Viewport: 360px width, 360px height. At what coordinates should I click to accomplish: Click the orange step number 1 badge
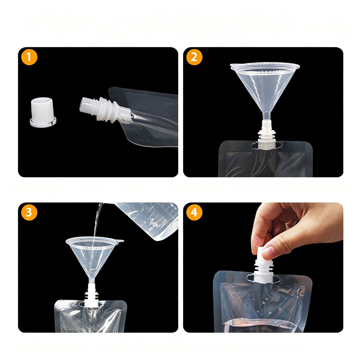point(29,57)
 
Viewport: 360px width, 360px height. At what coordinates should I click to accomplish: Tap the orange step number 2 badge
point(194,57)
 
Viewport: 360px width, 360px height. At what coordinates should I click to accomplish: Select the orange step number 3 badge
point(29,212)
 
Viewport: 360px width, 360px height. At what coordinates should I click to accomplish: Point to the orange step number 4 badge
point(194,212)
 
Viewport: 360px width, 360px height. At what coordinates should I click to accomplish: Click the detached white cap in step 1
point(43,112)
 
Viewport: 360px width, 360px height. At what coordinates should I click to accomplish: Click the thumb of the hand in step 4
point(272,252)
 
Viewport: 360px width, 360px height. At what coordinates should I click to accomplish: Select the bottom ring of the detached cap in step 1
point(43,122)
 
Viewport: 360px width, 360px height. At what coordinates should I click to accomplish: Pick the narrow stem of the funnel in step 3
point(92,280)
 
